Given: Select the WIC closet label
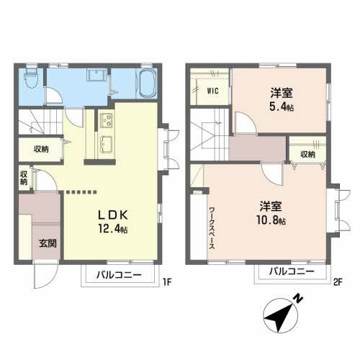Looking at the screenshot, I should (x=213, y=91).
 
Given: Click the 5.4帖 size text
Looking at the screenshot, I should (x=282, y=107).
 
